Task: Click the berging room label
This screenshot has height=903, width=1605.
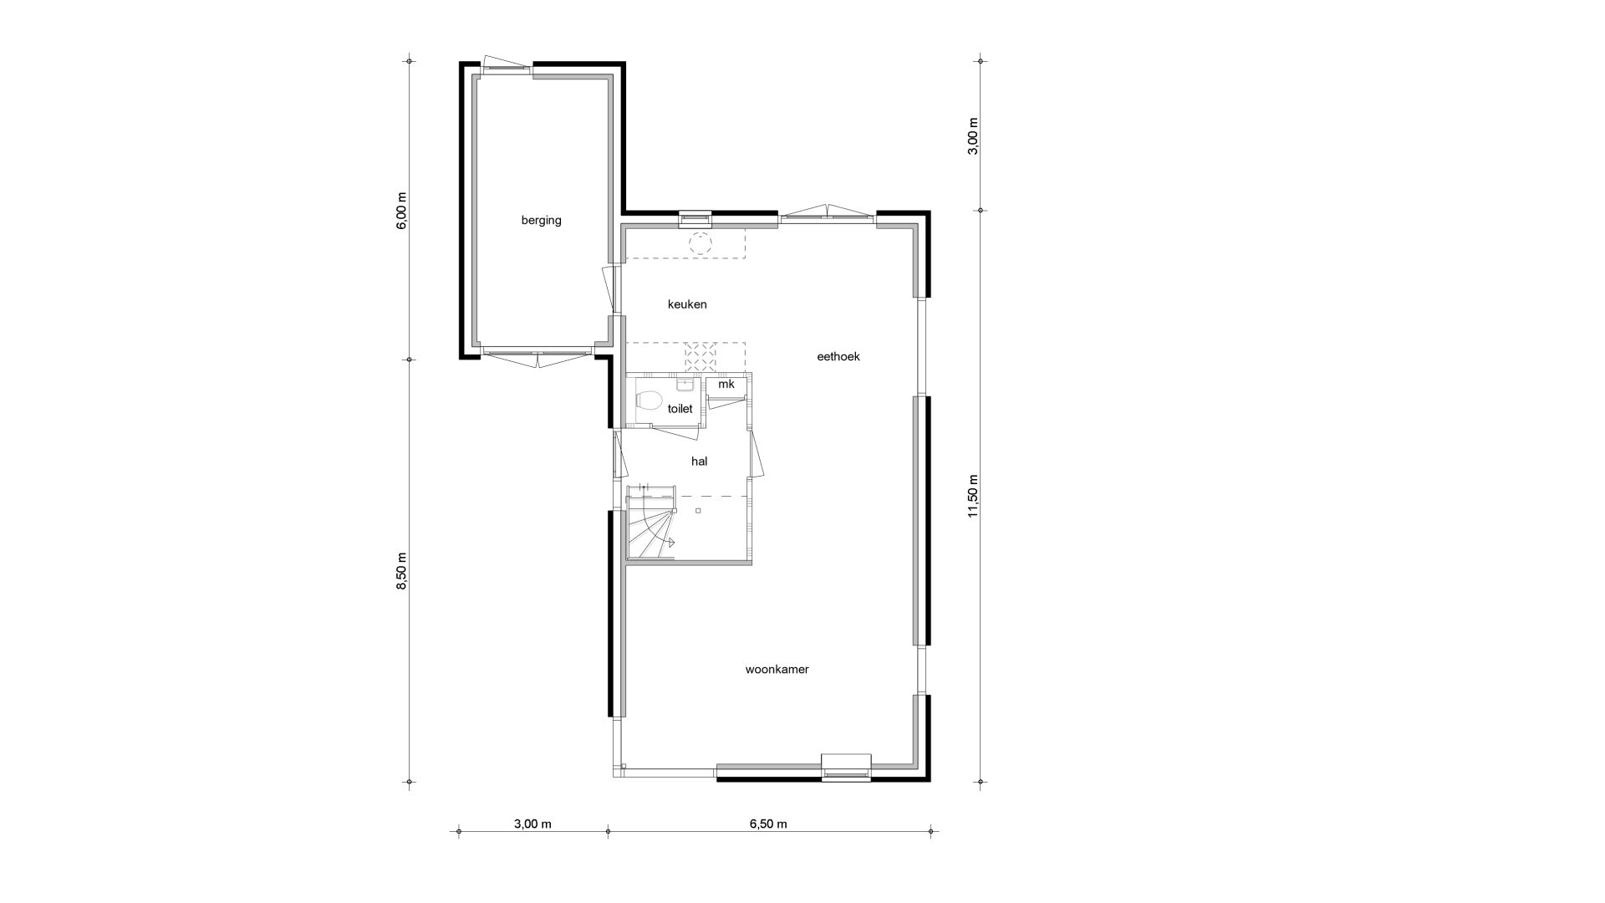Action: pos(541,221)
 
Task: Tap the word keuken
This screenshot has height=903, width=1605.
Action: pos(687,304)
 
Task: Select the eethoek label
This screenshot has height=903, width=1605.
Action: pos(838,356)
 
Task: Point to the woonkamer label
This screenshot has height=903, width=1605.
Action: pos(777,670)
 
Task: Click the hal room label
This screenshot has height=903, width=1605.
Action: pos(700,461)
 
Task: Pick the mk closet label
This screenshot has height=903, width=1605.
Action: pos(726,384)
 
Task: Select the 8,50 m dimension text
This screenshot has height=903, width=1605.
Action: pos(402,572)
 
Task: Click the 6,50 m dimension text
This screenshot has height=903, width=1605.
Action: pos(768,824)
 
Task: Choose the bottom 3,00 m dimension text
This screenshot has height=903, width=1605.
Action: pos(532,824)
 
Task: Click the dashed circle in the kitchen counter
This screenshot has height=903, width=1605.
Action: pos(699,244)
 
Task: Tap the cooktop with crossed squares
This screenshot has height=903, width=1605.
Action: pos(701,357)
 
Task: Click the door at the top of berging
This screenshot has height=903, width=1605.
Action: pos(507,64)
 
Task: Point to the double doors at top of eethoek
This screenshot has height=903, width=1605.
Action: pos(827,212)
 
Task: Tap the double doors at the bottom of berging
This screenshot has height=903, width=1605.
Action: pos(537,357)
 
